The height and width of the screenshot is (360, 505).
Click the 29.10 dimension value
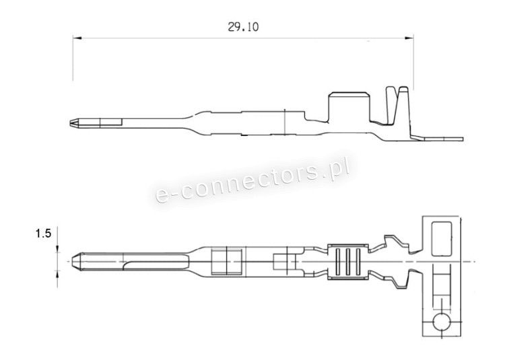[x=243, y=27]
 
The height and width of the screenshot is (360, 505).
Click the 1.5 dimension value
[x=43, y=233]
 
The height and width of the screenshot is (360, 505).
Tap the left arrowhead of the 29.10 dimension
[x=77, y=38]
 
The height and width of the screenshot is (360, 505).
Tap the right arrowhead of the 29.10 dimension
[x=409, y=38]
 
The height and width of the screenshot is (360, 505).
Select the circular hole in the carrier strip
[x=441, y=322]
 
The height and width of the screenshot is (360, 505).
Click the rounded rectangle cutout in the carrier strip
[x=441, y=238]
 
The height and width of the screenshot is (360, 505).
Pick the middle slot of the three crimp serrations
[x=347, y=262]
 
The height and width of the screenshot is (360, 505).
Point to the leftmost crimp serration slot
[x=337, y=262]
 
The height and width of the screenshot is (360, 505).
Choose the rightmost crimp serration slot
[x=358, y=262]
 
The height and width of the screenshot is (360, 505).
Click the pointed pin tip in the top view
[x=76, y=261]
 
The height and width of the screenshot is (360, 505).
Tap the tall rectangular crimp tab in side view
[x=349, y=107]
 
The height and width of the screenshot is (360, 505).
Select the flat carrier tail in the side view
[x=438, y=139]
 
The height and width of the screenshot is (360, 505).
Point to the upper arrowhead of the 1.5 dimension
[x=58, y=248]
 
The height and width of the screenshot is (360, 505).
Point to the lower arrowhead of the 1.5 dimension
[x=58, y=274]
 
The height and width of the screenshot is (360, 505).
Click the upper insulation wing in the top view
[x=395, y=244]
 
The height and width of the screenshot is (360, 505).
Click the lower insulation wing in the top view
[x=395, y=279]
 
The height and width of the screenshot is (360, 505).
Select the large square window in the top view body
[x=227, y=261]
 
